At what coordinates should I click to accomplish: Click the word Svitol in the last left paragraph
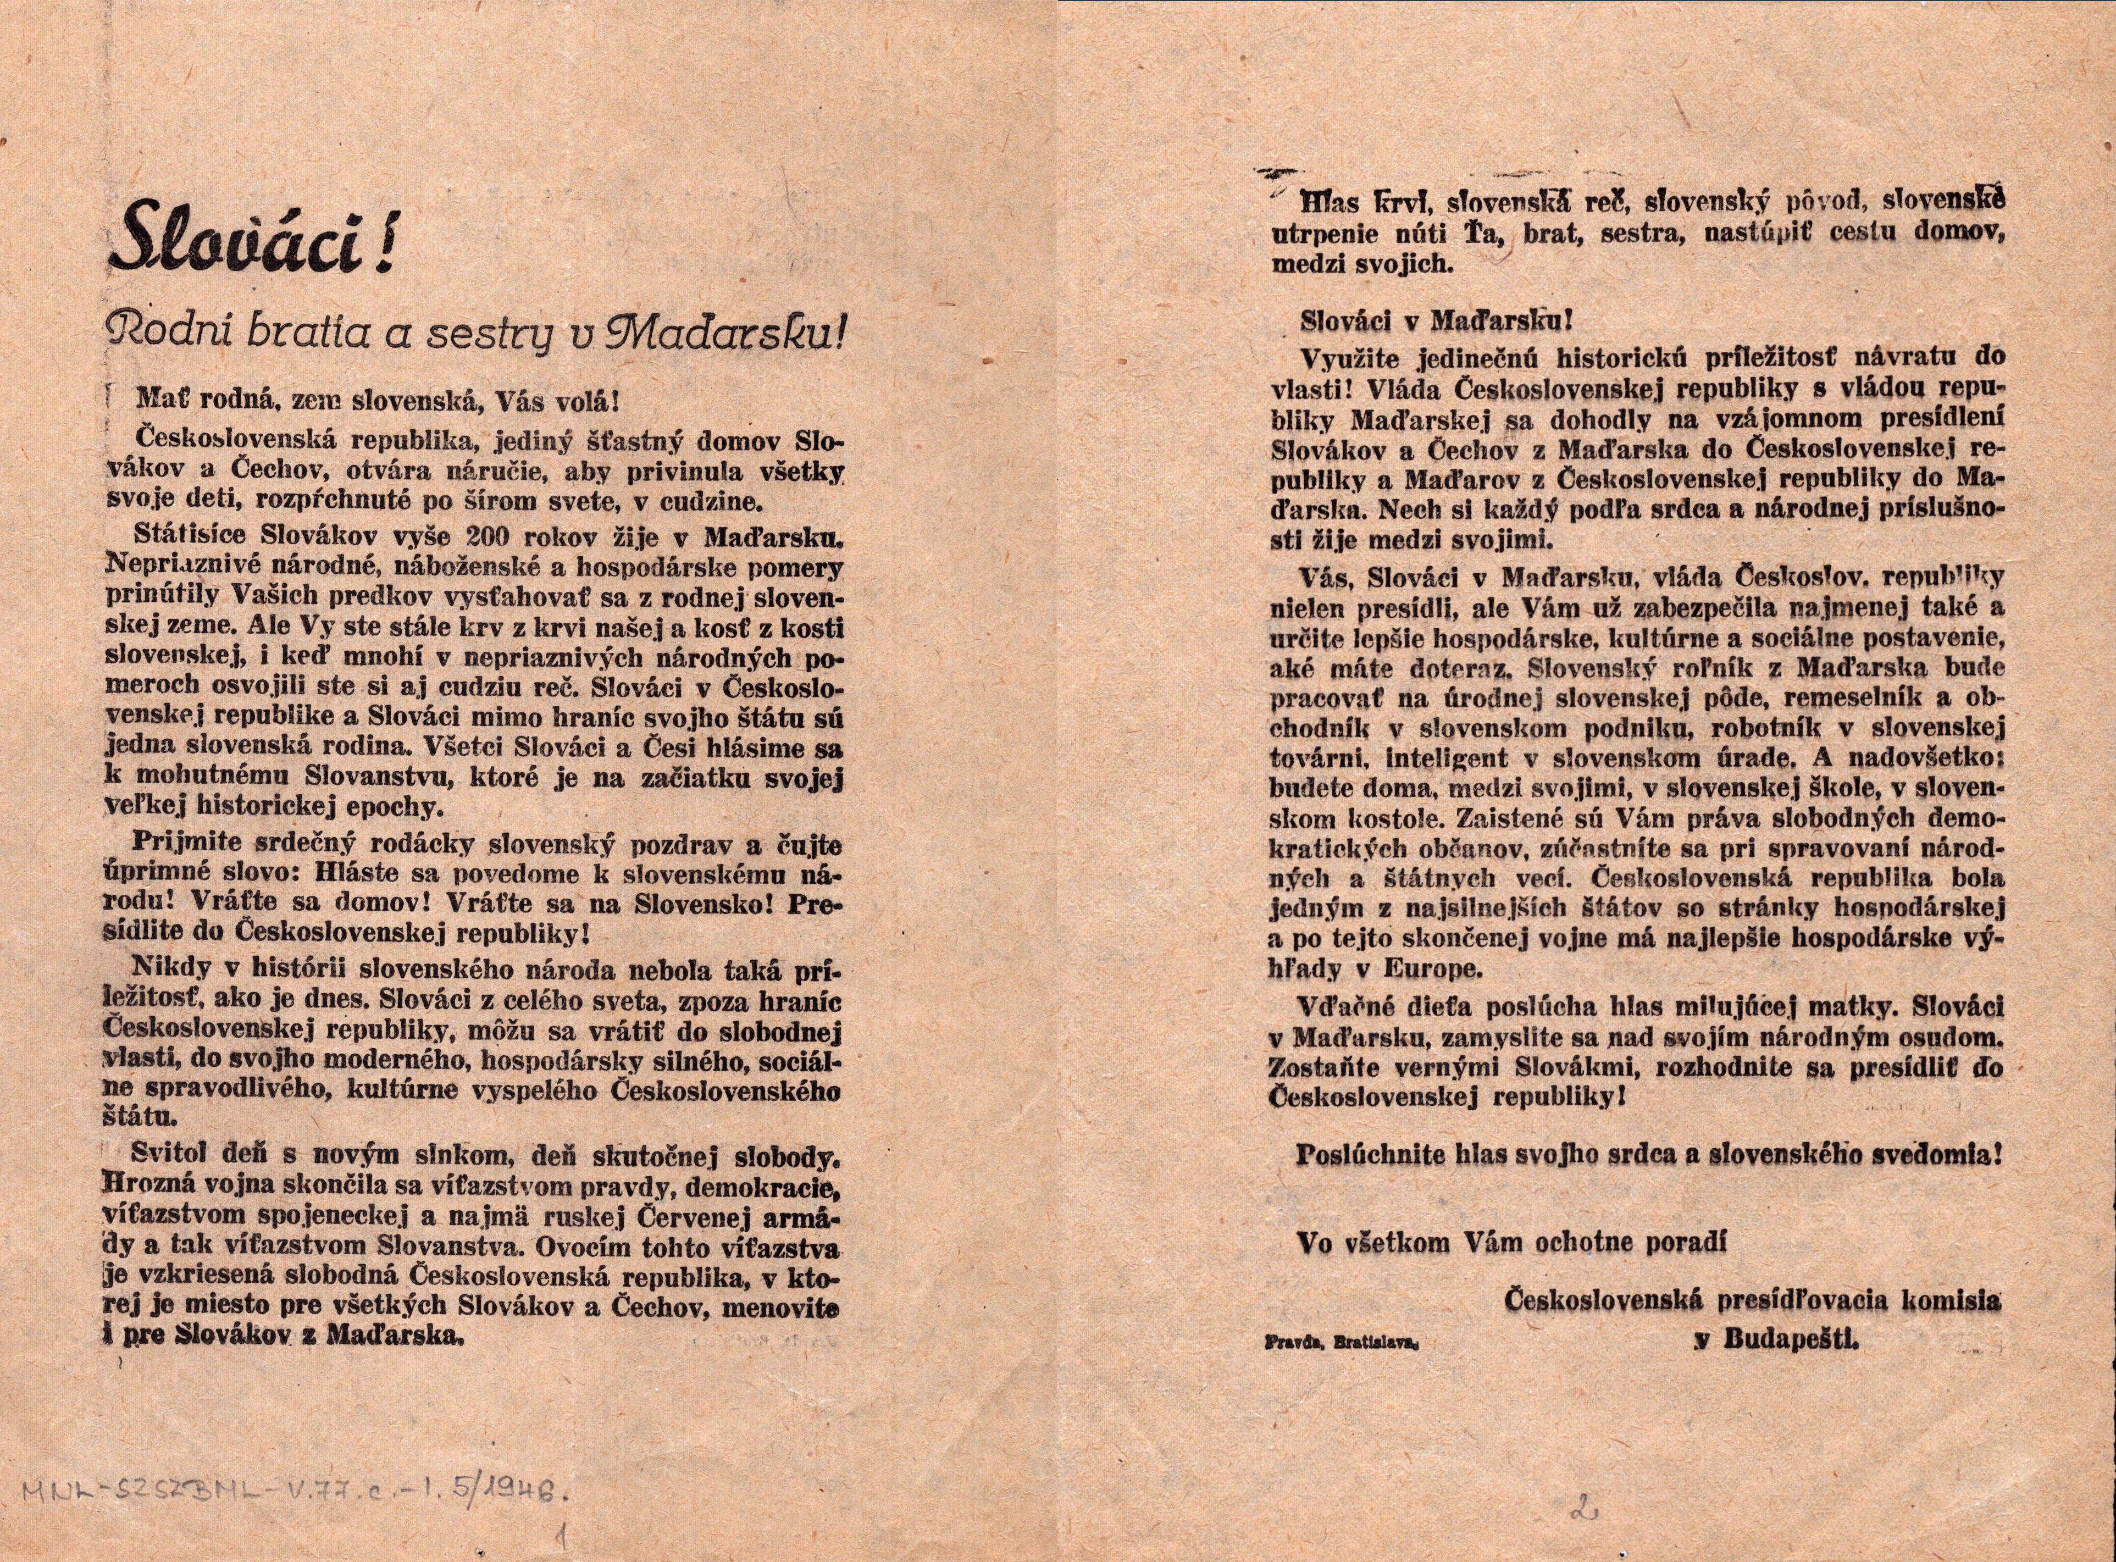174,1155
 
